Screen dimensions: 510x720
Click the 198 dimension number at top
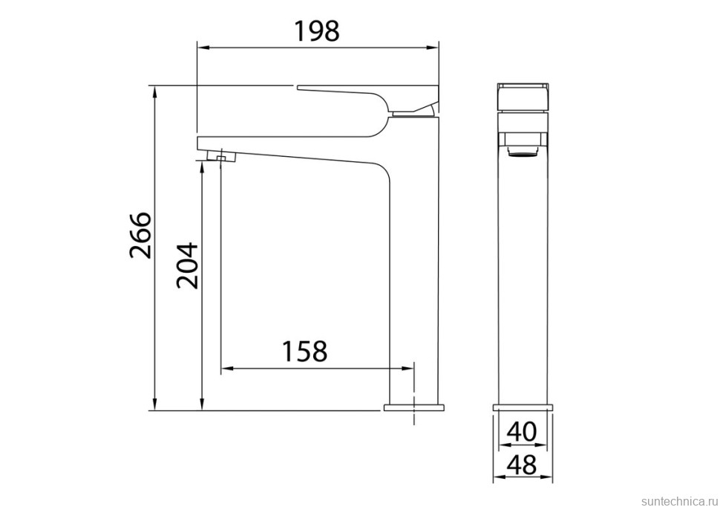coord(317,31)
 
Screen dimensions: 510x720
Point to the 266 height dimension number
coord(140,235)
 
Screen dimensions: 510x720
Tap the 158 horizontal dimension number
coord(304,351)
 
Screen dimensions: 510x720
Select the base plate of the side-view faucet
coord(413,407)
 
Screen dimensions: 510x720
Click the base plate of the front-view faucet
coord(523,407)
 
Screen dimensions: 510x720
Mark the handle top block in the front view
coord(523,97)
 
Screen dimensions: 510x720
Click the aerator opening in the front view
coord(523,153)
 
